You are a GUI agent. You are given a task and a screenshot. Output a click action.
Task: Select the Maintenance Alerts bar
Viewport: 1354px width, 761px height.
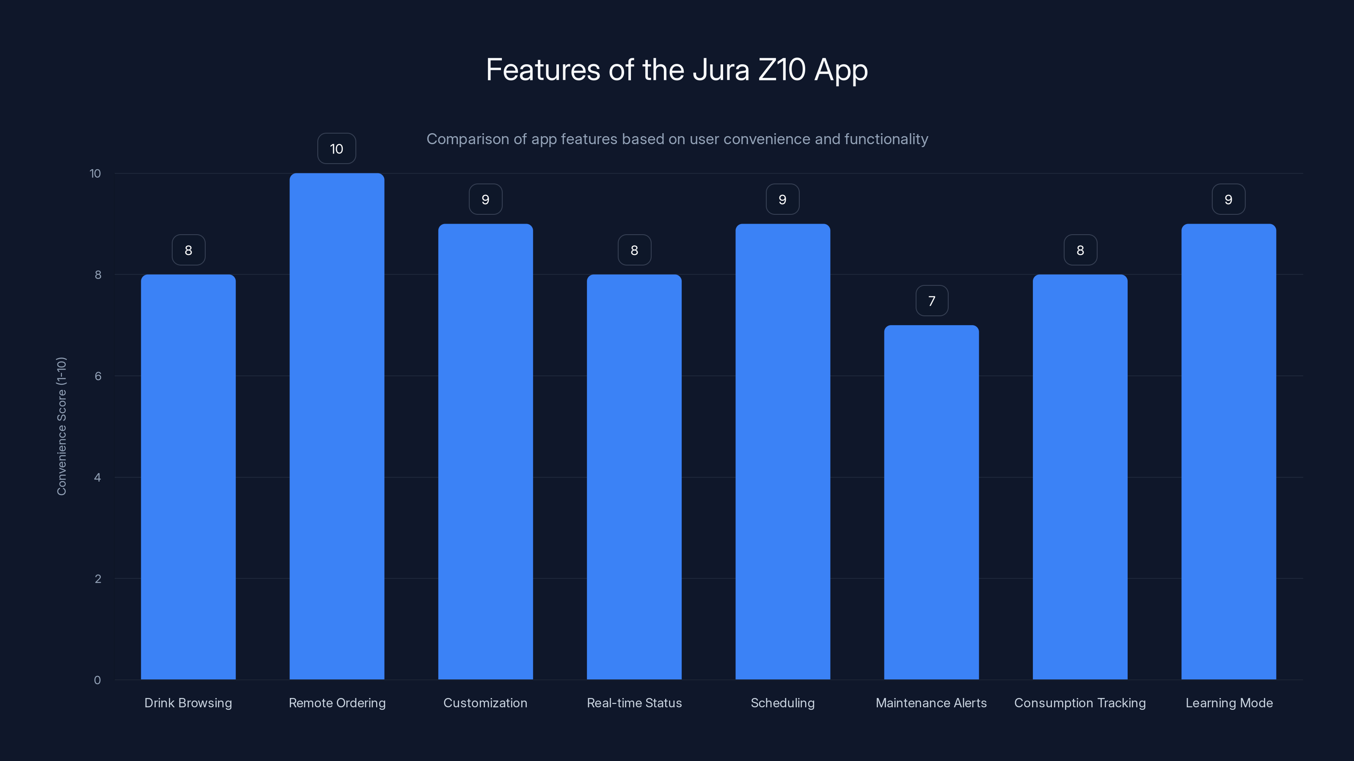[931, 502]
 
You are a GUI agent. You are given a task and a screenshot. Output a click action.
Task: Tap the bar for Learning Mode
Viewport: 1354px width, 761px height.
[1228, 451]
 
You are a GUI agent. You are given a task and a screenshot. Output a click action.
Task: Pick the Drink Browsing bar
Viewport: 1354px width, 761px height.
[188, 477]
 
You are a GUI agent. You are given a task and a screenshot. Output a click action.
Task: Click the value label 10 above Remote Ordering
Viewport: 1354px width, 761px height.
[336, 149]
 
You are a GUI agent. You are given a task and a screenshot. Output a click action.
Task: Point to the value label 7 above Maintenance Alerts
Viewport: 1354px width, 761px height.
[931, 301]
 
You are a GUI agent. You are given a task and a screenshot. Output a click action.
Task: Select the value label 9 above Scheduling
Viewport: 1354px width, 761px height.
[782, 200]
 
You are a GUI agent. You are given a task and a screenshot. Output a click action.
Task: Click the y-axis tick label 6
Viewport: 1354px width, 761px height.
[98, 376]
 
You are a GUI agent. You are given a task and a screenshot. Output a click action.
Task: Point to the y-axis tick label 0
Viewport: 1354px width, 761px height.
[97, 680]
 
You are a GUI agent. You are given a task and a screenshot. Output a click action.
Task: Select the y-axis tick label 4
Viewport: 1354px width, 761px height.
[97, 477]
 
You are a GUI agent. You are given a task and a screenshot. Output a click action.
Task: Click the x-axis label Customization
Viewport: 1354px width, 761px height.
[485, 703]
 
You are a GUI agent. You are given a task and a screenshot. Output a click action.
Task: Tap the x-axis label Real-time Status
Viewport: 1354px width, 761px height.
[634, 703]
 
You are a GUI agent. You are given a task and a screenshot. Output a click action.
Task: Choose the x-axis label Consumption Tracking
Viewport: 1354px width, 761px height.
[1080, 703]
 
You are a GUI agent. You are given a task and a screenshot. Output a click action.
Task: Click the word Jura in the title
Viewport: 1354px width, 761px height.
[721, 70]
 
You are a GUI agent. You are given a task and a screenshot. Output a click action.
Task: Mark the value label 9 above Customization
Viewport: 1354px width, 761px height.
[485, 200]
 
